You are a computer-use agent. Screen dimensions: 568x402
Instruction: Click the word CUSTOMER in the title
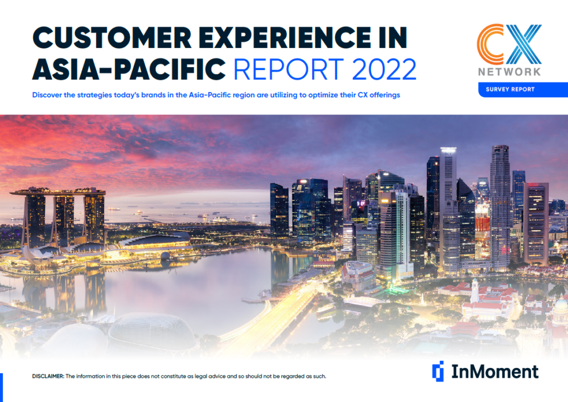(x=112, y=37)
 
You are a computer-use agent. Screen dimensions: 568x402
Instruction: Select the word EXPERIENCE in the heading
(x=285, y=37)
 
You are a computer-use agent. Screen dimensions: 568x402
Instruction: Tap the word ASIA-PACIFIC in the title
(x=129, y=69)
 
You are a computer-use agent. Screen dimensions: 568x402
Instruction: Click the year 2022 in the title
(x=384, y=69)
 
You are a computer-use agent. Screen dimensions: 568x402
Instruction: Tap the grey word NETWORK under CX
(x=510, y=72)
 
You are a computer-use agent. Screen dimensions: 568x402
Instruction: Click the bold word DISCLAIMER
(x=48, y=376)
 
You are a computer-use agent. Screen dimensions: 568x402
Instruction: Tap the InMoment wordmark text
(x=495, y=372)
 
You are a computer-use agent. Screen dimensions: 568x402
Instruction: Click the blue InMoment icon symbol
(x=438, y=371)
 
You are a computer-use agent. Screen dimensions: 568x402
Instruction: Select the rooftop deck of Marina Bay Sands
(x=58, y=192)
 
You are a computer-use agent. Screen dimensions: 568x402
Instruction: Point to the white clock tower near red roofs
(x=475, y=291)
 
